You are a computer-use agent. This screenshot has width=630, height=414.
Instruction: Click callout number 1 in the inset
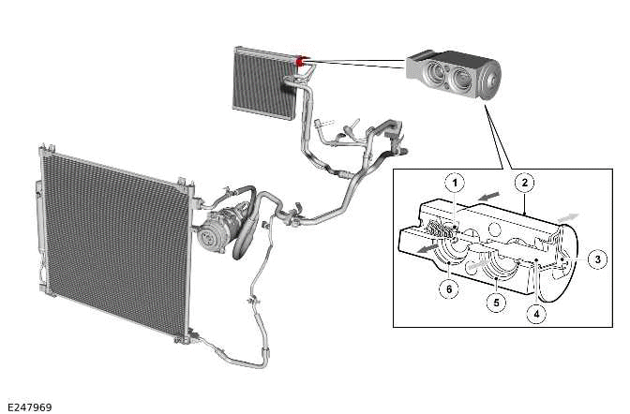click(x=453, y=180)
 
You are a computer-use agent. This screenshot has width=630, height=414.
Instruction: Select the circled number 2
click(x=526, y=181)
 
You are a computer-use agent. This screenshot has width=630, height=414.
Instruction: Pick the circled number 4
click(x=535, y=314)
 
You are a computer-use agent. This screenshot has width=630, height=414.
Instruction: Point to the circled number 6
click(x=450, y=289)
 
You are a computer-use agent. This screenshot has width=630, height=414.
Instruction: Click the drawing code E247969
click(x=28, y=406)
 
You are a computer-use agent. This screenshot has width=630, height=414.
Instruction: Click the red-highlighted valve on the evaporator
click(x=302, y=62)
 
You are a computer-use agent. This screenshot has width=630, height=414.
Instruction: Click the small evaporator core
click(x=264, y=83)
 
